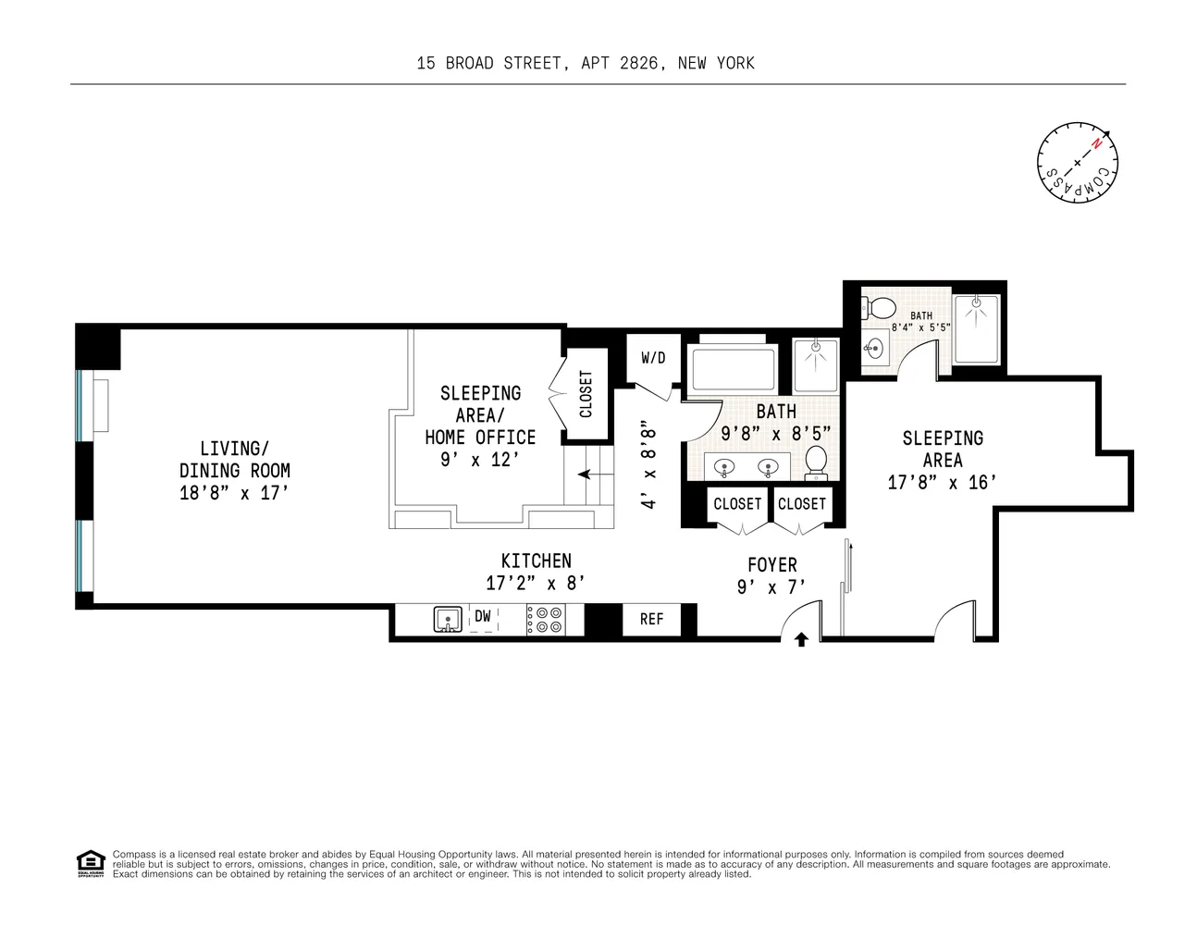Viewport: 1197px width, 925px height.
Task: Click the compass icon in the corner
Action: click(1078, 164)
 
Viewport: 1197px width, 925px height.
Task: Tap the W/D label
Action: click(653, 358)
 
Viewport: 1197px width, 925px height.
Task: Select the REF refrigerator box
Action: click(651, 619)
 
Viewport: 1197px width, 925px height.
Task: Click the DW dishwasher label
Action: click(483, 617)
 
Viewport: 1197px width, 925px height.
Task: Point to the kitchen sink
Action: click(449, 619)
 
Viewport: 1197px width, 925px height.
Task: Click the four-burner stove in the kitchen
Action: click(545, 619)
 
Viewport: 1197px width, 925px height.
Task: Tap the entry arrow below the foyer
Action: click(801, 638)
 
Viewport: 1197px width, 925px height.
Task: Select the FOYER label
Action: click(772, 564)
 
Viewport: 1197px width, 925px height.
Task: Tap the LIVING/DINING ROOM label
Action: click(235, 460)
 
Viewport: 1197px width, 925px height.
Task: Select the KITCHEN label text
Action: click(536, 561)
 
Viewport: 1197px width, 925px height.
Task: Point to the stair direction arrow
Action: click(586, 475)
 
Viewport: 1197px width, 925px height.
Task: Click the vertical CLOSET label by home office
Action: click(586, 394)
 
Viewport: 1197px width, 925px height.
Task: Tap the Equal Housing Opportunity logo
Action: click(89, 864)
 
